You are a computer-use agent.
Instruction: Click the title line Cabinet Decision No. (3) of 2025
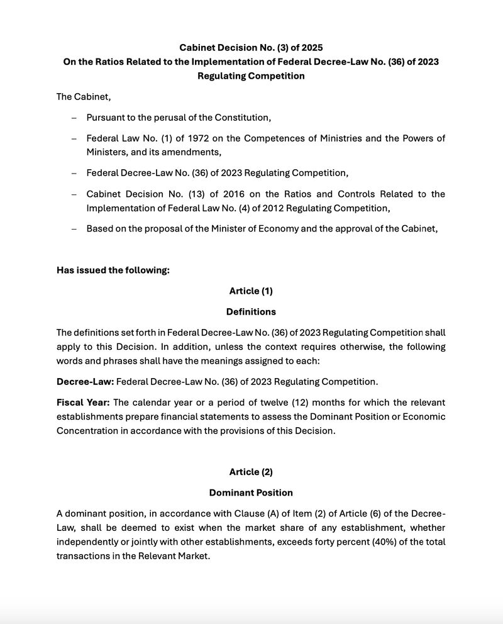(251, 47)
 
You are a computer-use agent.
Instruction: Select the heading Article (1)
(251, 291)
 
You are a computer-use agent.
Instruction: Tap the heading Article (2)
(251, 472)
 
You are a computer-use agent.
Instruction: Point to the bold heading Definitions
(251, 311)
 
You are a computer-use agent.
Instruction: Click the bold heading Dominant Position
(251, 493)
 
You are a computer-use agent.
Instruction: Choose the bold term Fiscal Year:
(83, 402)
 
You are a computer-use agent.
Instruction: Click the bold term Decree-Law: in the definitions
(85, 381)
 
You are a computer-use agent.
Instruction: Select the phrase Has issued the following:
(113, 270)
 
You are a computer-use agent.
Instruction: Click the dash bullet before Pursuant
(74, 118)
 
